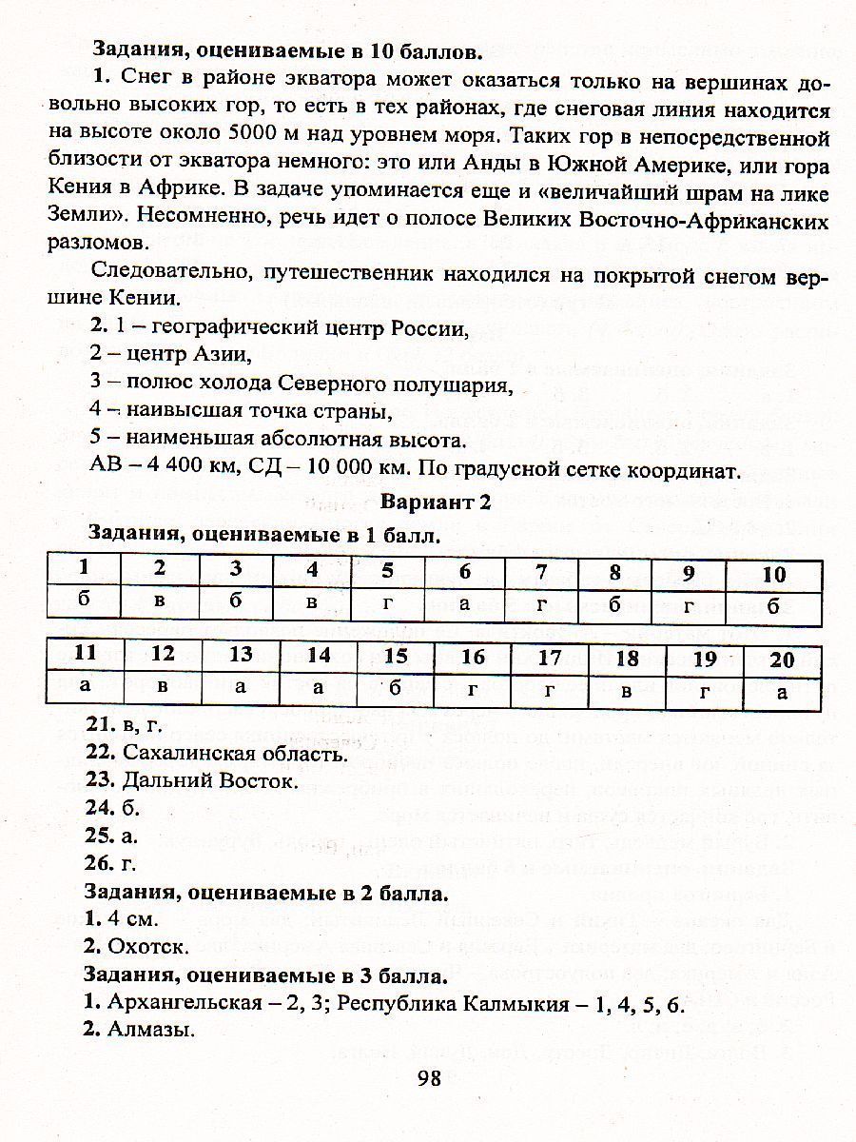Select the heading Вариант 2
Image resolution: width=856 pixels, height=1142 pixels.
[437, 504]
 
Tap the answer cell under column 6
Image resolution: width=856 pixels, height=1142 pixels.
[465, 606]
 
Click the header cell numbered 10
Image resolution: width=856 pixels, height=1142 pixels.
[774, 574]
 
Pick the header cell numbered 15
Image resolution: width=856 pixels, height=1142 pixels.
[396, 656]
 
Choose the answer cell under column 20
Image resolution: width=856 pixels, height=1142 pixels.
[782, 691]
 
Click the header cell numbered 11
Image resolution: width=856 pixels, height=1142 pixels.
[85, 654]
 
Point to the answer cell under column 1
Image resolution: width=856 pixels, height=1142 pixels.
[85, 602]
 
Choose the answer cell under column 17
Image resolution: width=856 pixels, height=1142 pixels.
[550, 691]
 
